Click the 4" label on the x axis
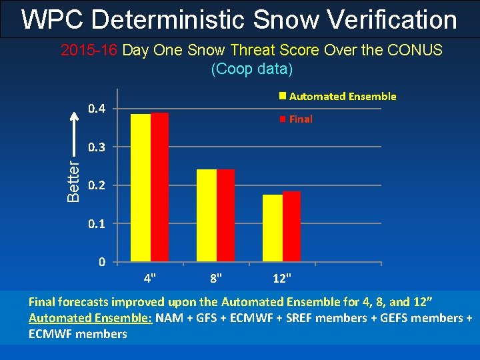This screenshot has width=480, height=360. pyautogui.click(x=151, y=276)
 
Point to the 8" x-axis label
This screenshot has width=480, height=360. pyautogui.click(x=217, y=276)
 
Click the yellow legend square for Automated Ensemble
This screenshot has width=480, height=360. pyautogui.click(x=283, y=96)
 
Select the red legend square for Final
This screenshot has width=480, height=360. pyautogui.click(x=283, y=119)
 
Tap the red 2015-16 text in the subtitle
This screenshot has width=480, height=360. pyautogui.click(x=90, y=51)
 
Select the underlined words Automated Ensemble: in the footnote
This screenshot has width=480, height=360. pyautogui.click(x=91, y=318)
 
